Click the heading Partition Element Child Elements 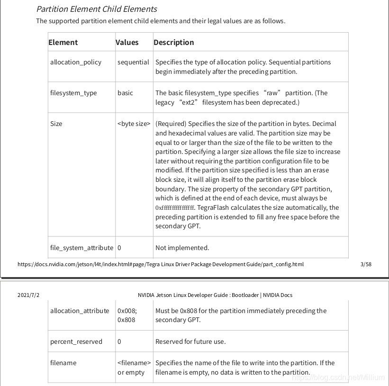tap(96, 9)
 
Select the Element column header tap(63, 42)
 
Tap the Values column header tap(127, 42)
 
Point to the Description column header tap(173, 42)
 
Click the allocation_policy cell tap(76, 62)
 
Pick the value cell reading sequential tap(133, 62)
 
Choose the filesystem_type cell tap(73, 93)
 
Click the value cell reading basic tap(125, 93)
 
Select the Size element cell tap(56, 124)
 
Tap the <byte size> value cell tap(134, 124)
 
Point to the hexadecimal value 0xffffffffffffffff tap(175, 207)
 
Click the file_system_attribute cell tap(81, 248)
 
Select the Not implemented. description tap(182, 248)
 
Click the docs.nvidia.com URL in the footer tap(160, 264)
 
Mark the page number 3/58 tap(366, 264)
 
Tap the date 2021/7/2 tap(28, 295)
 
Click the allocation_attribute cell tap(80, 311)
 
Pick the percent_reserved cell tap(76, 341)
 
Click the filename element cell tap(63, 363)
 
